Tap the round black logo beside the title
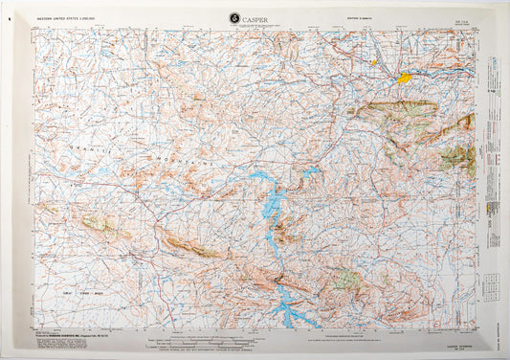pyautogui.click(x=235, y=17)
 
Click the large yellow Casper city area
pyautogui.click(x=405, y=78)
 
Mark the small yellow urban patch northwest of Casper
pyautogui.click(x=374, y=65)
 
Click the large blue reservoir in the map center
pyautogui.click(x=274, y=207)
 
